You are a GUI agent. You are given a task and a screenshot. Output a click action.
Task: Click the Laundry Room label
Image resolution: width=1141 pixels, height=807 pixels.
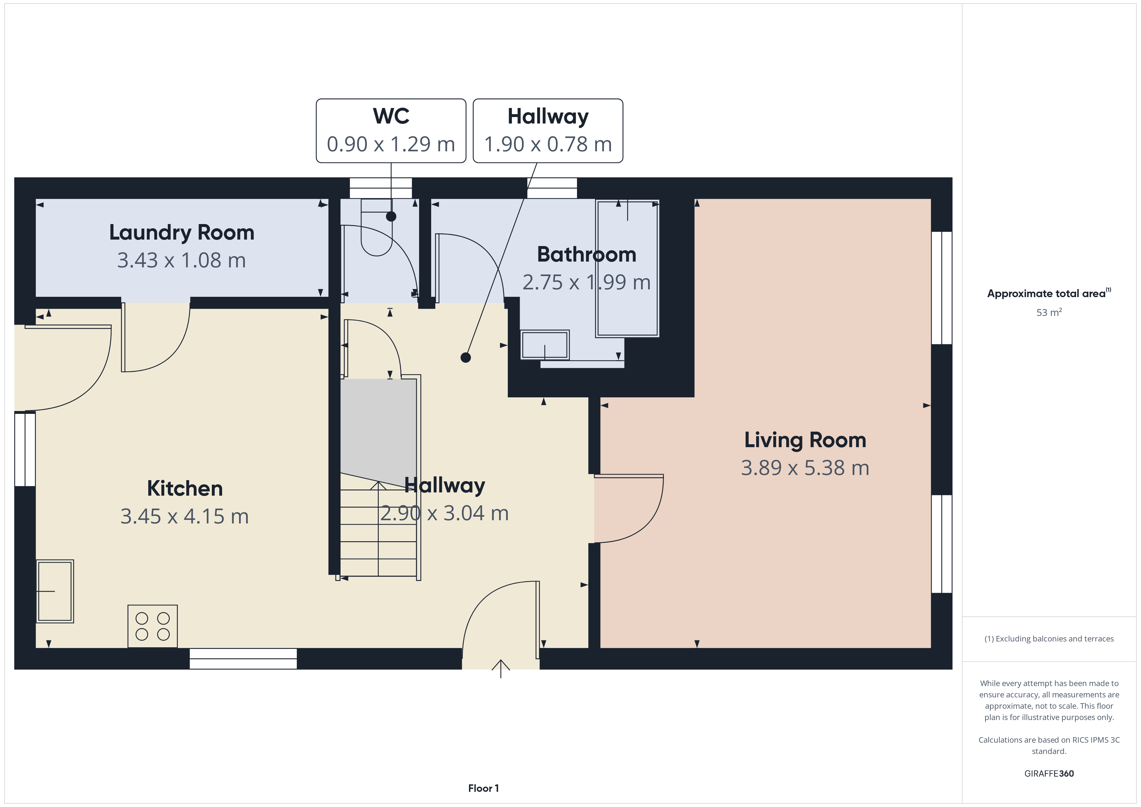[181, 232]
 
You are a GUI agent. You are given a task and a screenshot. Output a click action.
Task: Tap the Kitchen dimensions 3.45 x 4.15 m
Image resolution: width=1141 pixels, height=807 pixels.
[184, 516]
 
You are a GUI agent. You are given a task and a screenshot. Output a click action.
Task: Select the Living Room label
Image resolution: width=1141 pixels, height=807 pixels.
[805, 440]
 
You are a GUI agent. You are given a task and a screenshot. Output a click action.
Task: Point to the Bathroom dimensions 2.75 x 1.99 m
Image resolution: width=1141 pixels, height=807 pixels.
[586, 282]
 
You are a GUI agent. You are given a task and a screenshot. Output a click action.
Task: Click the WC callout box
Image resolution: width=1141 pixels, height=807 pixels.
[391, 131]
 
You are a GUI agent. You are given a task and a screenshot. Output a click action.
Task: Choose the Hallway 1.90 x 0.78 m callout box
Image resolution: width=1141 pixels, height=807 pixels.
[548, 131]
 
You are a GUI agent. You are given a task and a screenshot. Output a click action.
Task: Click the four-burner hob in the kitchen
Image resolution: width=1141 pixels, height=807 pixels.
[153, 626]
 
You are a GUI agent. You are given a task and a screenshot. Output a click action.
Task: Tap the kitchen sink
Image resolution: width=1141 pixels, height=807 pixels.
[55, 591]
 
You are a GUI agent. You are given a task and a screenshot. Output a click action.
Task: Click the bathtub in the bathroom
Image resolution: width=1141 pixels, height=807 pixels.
[627, 268]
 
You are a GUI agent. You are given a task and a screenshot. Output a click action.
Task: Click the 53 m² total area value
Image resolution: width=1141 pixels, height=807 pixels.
[1049, 312]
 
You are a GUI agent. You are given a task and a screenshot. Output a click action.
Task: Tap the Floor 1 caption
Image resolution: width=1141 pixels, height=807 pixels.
[483, 788]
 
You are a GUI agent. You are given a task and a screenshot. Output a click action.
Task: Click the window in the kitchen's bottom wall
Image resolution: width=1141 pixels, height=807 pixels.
[243, 659]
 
